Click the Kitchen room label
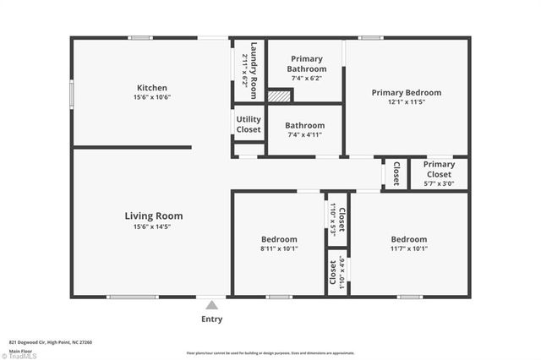pyautogui.click(x=152, y=88)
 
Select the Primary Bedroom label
pyautogui.click(x=407, y=93)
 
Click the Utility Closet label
pyautogui.click(x=249, y=124)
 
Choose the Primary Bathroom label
pyautogui.click(x=306, y=63)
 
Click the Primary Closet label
pyautogui.click(x=439, y=170)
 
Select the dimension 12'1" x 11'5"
pyautogui.click(x=407, y=102)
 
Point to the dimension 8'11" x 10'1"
pyautogui.click(x=278, y=248)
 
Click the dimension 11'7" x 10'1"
pyautogui.click(x=408, y=248)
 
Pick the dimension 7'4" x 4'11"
pyautogui.click(x=304, y=134)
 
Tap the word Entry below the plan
pyautogui.click(x=212, y=319)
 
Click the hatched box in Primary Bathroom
pyautogui.click(x=279, y=95)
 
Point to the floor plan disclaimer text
pyautogui.click(x=270, y=352)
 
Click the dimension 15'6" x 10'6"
pyautogui.click(x=152, y=97)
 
